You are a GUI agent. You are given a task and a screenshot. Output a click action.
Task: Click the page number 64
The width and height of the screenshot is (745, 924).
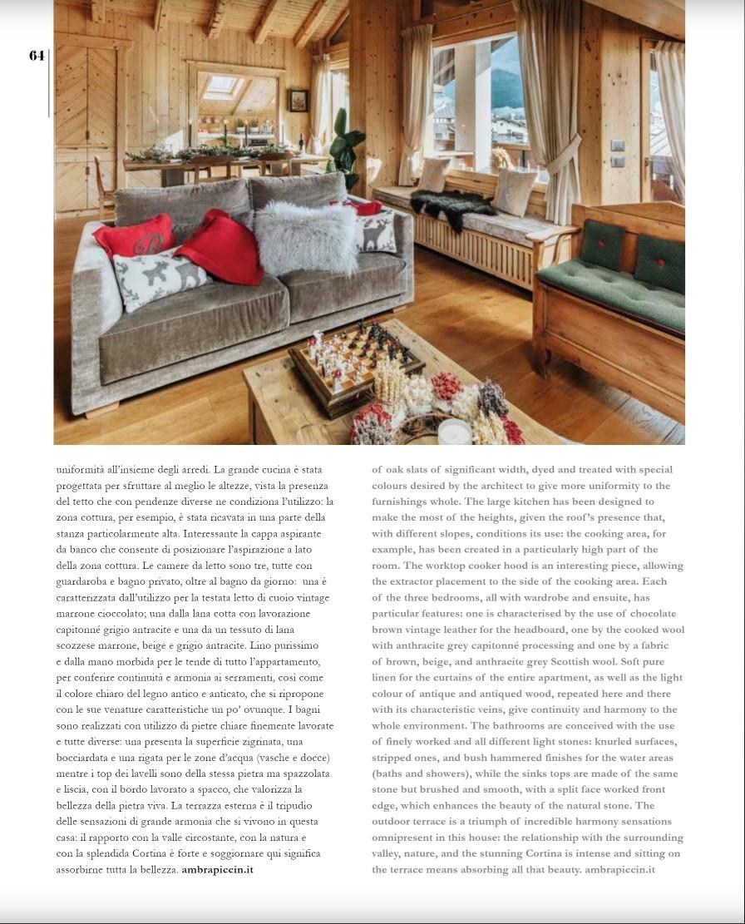37,56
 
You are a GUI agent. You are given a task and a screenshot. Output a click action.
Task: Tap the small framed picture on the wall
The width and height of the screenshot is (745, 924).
298,101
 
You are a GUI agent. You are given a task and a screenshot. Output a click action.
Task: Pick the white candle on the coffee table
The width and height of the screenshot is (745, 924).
454,432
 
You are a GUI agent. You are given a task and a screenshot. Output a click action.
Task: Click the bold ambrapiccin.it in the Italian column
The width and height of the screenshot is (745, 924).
217,870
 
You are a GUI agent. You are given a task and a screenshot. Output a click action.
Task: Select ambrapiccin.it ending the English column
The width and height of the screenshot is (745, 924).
619,870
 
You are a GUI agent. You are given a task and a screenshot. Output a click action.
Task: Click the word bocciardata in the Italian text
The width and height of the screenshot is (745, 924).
84,758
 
